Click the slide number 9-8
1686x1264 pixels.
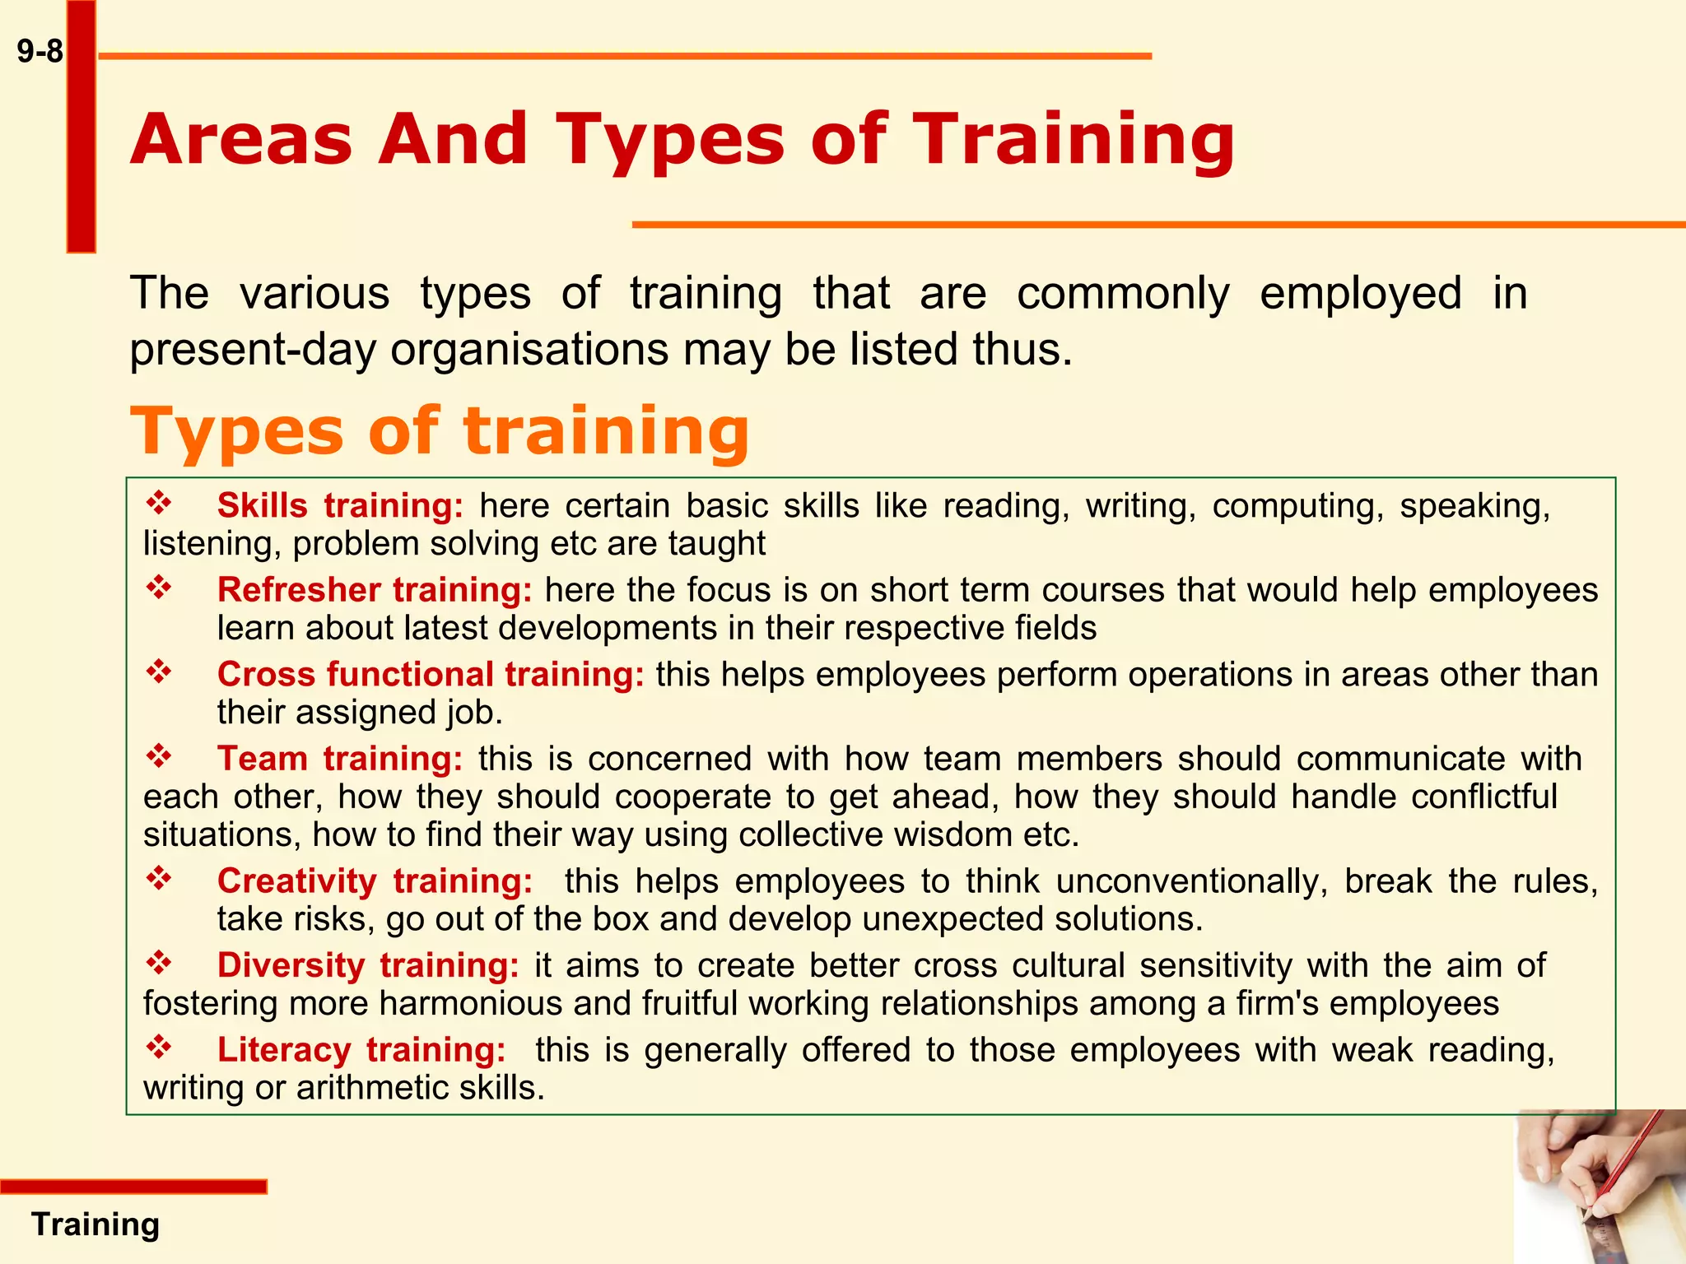pos(40,52)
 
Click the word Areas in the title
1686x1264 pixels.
pos(240,139)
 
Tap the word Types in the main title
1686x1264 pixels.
pos(669,139)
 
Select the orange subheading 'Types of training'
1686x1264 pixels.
pos(440,430)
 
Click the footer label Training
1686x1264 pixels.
pos(95,1224)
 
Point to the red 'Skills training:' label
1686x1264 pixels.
pos(340,505)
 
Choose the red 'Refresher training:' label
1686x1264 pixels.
pos(375,590)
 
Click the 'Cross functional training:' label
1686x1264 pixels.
pos(431,674)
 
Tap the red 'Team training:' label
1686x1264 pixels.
pos(340,758)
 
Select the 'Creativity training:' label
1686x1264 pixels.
pos(375,881)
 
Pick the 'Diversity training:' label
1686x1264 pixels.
pos(368,965)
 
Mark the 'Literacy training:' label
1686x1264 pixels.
pos(361,1049)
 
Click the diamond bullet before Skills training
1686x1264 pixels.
pos(159,503)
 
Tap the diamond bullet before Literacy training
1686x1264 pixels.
pos(159,1047)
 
